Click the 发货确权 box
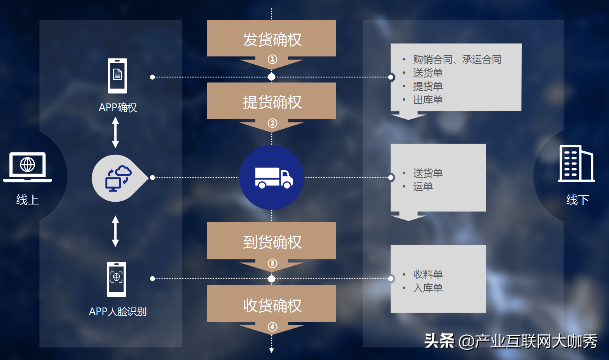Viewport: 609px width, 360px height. click(272, 39)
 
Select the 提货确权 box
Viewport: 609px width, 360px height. click(272, 102)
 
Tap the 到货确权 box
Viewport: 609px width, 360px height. click(272, 242)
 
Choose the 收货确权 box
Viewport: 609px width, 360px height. click(272, 305)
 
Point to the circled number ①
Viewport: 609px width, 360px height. click(272, 59)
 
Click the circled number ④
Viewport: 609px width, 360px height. click(272, 327)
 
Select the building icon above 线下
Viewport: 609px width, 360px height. click(576, 163)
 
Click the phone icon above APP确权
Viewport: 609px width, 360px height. click(118, 75)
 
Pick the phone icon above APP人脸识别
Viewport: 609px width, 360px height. click(116, 279)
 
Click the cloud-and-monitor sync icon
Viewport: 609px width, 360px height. click(118, 178)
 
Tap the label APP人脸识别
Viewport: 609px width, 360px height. click(118, 311)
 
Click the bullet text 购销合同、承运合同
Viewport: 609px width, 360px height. click(457, 60)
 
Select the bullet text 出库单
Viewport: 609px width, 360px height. click(428, 100)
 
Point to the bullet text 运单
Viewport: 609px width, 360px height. click(423, 187)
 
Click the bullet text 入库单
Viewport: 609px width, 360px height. click(428, 288)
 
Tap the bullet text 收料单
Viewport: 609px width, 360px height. click(428, 274)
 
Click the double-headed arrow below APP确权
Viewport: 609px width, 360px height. click(115, 133)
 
